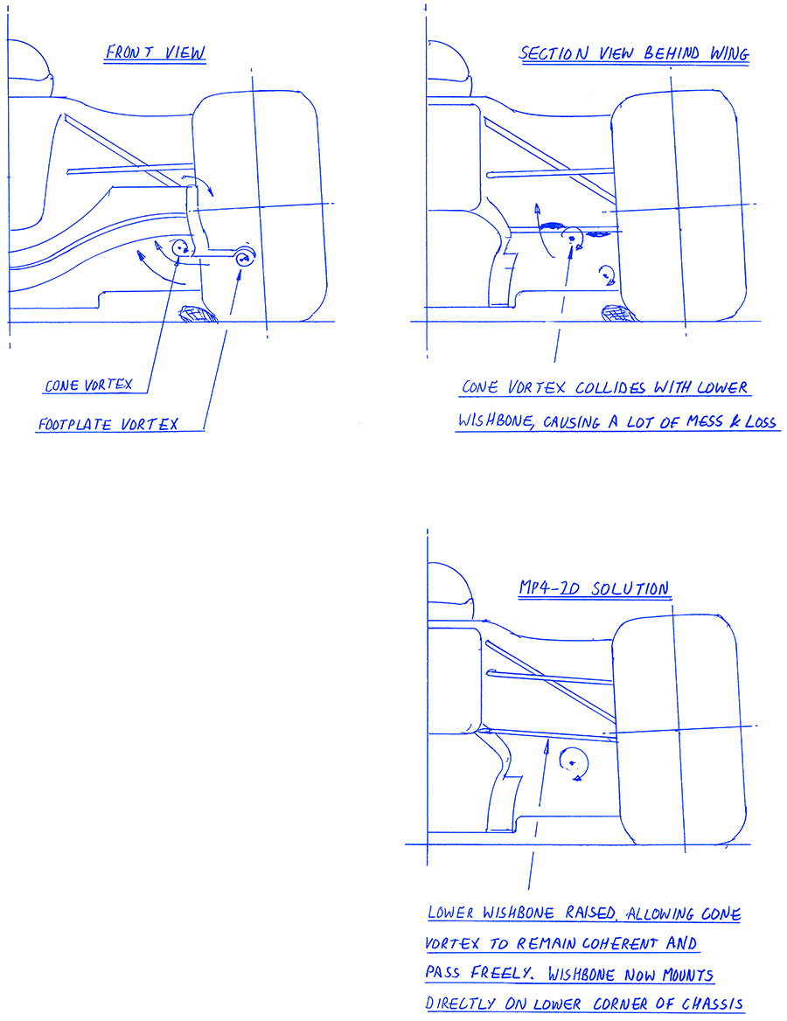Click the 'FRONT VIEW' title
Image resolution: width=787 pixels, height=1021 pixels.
click(156, 52)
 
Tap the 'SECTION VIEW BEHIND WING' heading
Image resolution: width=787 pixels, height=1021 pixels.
click(634, 53)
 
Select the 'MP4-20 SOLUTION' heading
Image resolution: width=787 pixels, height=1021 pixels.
click(594, 588)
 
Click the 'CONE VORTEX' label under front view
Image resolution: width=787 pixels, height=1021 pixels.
click(88, 385)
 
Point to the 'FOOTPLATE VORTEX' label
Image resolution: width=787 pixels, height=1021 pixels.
click(108, 425)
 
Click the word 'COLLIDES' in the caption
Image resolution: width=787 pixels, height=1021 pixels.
click(610, 387)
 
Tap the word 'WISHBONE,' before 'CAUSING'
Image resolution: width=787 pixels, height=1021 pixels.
click(498, 420)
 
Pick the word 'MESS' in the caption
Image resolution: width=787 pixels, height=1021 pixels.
click(705, 422)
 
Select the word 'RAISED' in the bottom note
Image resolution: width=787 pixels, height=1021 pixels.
click(590, 913)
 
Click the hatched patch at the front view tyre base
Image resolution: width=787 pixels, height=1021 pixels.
click(199, 315)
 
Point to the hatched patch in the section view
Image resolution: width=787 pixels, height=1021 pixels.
click(619, 314)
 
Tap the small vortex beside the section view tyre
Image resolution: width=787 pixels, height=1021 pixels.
click(608, 274)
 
